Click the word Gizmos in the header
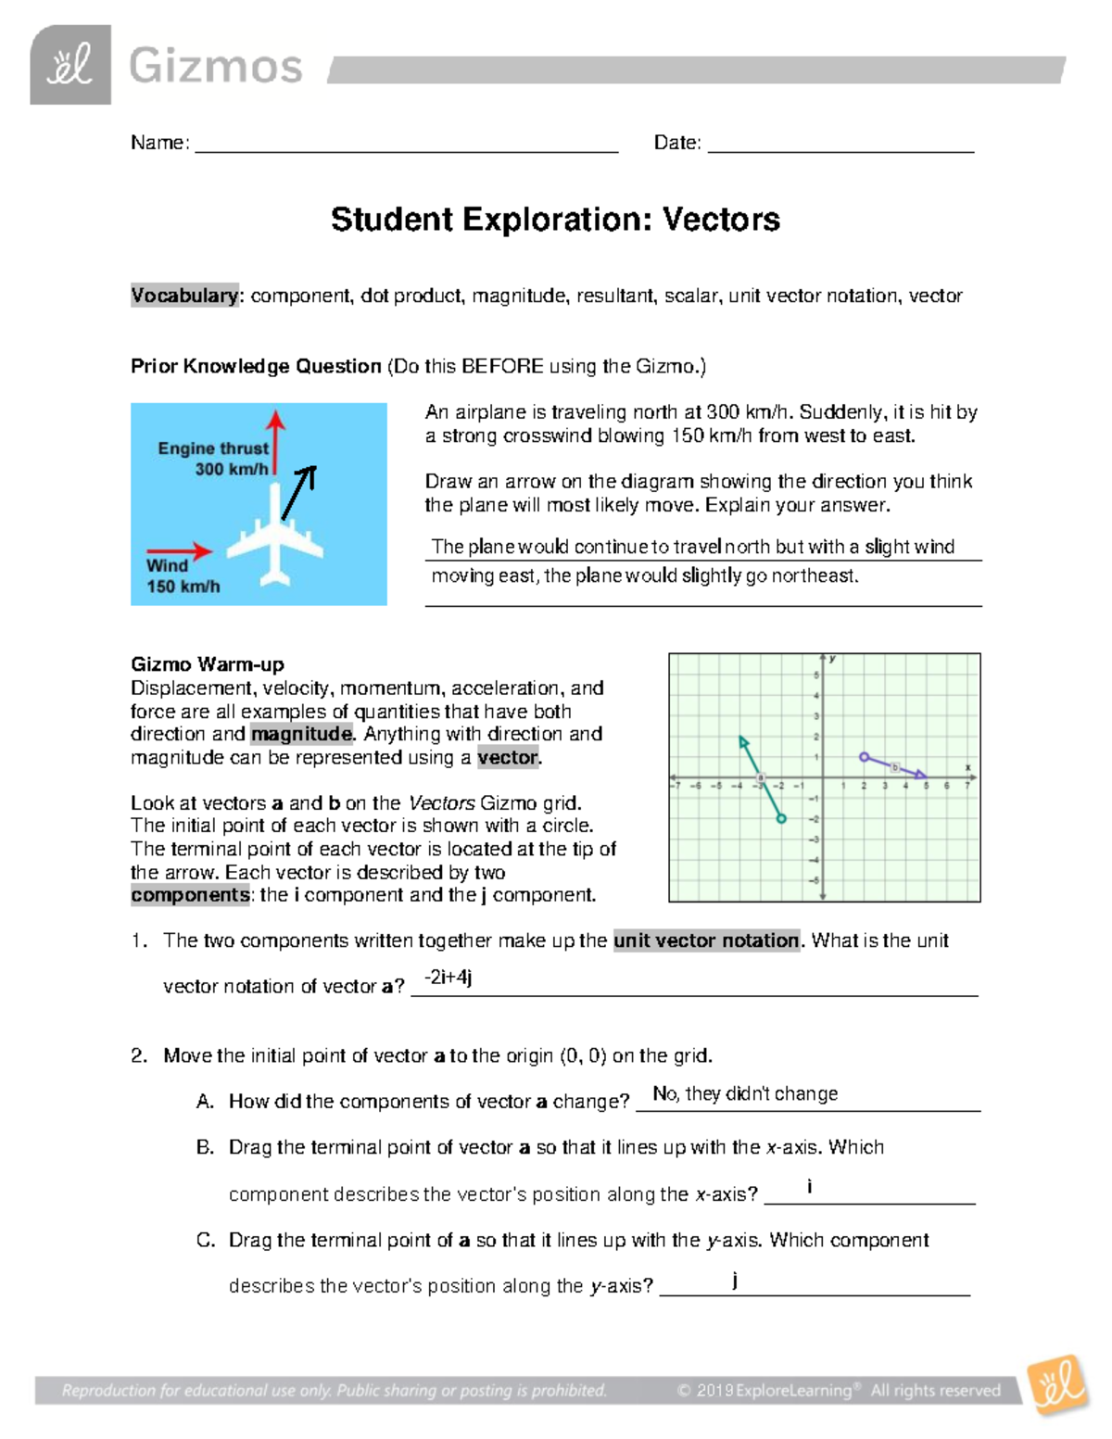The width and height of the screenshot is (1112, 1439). [x=215, y=67]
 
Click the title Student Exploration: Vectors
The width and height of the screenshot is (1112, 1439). [x=555, y=220]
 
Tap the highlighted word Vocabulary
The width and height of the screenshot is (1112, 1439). [x=184, y=296]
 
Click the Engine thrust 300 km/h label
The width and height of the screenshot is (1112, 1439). [x=213, y=459]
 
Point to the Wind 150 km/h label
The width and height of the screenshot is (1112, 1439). [x=183, y=575]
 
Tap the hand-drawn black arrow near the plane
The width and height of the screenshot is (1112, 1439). [x=299, y=492]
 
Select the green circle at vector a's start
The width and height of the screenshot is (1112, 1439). [x=781, y=819]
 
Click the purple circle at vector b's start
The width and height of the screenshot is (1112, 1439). [x=864, y=757]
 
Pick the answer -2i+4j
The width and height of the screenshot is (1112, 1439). [x=448, y=978]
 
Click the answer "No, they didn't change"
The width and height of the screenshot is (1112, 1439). [x=745, y=1093]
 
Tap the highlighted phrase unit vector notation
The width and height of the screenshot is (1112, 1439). [x=706, y=940]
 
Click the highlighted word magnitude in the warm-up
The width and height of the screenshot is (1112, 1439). [x=302, y=734]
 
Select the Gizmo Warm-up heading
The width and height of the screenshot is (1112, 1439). [x=208, y=664]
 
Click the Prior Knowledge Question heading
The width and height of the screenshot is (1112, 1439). [x=256, y=366]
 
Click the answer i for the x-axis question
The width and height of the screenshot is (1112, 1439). [x=810, y=1186]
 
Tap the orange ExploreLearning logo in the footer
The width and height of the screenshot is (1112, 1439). [x=1057, y=1385]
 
